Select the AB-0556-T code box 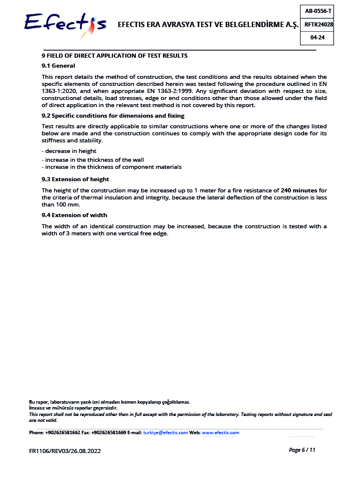pyautogui.click(x=318, y=11)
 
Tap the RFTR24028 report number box pyautogui.click(x=318, y=24)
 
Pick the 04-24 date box pyautogui.click(x=318, y=38)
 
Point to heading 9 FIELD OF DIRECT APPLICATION pyautogui.click(x=114, y=55)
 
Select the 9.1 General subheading pyautogui.click(x=58, y=65)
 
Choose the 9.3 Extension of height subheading pyautogui.click(x=75, y=179)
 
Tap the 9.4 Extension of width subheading pyautogui.click(x=74, y=215)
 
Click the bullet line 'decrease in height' pyautogui.click(x=69, y=151)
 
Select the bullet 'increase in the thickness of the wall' pyautogui.click(x=92, y=159)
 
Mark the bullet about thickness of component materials pyautogui.click(x=111, y=167)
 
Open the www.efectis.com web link pyautogui.click(x=221, y=432)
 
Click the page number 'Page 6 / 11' pyautogui.click(x=302, y=450)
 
